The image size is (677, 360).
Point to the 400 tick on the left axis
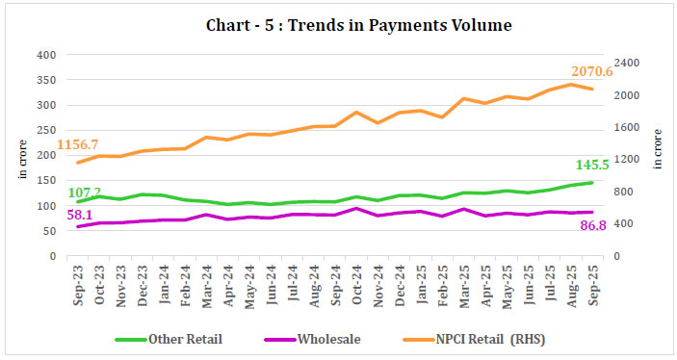point(45,55)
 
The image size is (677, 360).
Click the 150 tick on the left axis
point(45,181)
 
